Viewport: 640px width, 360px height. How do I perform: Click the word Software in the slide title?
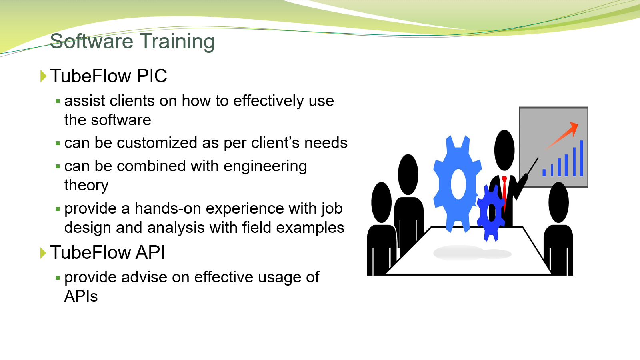tap(92, 41)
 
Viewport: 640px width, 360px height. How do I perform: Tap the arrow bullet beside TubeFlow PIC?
tap(43, 76)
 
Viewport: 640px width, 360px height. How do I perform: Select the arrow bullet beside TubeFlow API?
tap(43, 253)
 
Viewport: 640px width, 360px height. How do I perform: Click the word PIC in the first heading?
tap(152, 76)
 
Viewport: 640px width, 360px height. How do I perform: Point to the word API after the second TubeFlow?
tap(150, 252)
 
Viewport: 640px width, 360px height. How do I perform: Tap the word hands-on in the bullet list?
tap(168, 208)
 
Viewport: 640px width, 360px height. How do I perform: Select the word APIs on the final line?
tap(81, 296)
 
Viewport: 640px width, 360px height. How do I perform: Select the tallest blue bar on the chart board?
tap(581, 158)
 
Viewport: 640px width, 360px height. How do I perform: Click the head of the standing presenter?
tap(504, 150)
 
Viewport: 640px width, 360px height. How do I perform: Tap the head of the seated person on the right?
tap(558, 202)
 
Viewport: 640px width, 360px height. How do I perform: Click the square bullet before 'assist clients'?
tap(58, 101)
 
